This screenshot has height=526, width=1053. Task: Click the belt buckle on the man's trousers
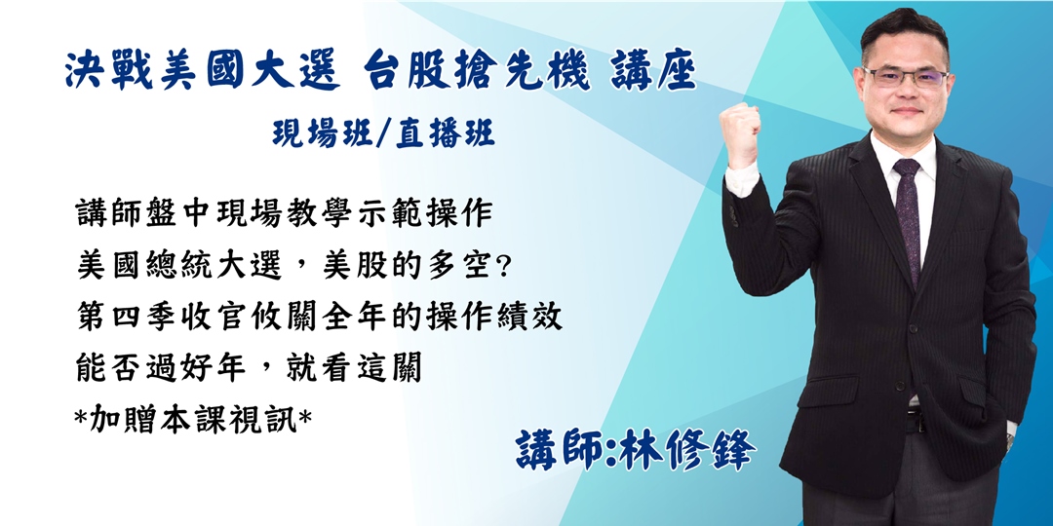915,421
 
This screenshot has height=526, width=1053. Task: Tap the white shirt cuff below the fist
740,180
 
